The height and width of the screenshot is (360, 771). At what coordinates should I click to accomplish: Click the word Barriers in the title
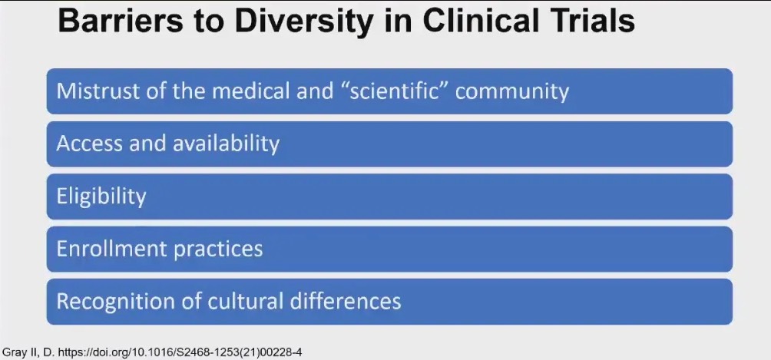pyautogui.click(x=118, y=21)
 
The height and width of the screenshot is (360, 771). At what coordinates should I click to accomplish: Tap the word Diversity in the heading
pyautogui.click(x=295, y=22)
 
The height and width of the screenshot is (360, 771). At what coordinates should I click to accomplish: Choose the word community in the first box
pyautogui.click(x=512, y=92)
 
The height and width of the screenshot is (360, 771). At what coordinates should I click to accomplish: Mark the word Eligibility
pyautogui.click(x=101, y=197)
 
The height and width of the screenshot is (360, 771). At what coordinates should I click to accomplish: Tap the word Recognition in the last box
pyautogui.click(x=108, y=302)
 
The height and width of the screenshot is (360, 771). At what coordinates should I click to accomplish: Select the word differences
pyautogui.click(x=346, y=302)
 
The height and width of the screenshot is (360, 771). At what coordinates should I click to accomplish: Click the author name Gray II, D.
pyautogui.click(x=28, y=352)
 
